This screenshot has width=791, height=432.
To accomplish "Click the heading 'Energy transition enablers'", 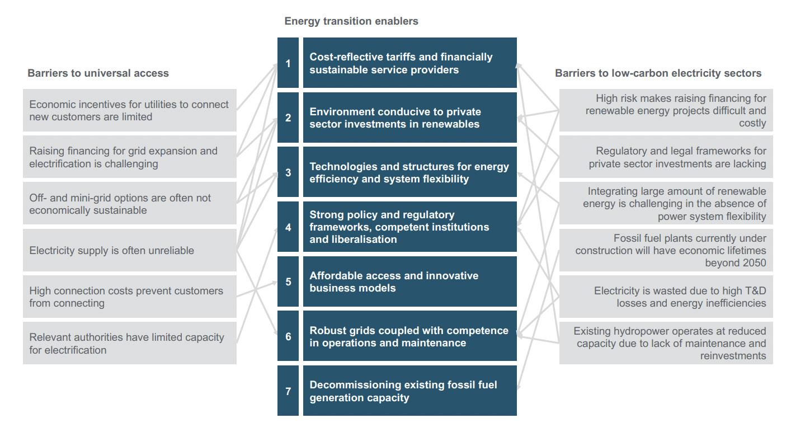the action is (x=351, y=21).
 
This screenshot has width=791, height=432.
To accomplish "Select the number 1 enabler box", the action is (x=288, y=63).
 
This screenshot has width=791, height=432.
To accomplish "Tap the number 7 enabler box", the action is (x=288, y=391).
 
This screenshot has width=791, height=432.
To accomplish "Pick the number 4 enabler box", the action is (x=288, y=227).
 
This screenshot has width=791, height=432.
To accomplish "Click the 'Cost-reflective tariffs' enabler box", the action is (x=409, y=63).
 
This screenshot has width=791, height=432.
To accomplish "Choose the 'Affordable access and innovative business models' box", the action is (x=409, y=281).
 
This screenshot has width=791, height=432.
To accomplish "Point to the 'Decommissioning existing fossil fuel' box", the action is (x=409, y=391).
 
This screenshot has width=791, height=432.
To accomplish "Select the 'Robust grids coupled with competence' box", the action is (x=409, y=336).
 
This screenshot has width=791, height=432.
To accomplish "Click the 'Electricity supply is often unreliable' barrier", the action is (x=130, y=250).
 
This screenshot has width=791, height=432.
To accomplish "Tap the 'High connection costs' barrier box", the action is (x=130, y=297).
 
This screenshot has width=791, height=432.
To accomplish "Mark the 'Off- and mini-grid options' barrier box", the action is (x=130, y=204).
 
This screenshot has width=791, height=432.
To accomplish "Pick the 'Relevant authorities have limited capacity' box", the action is (x=130, y=343).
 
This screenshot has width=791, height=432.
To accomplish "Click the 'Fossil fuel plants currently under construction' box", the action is (x=666, y=250).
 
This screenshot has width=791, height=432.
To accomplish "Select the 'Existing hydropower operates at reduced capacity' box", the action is (x=666, y=343).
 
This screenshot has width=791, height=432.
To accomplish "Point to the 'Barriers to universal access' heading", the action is (x=98, y=73).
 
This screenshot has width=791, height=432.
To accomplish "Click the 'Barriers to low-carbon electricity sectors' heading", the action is (x=658, y=73).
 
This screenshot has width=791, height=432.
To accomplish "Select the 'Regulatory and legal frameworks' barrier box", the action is (x=666, y=157).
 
